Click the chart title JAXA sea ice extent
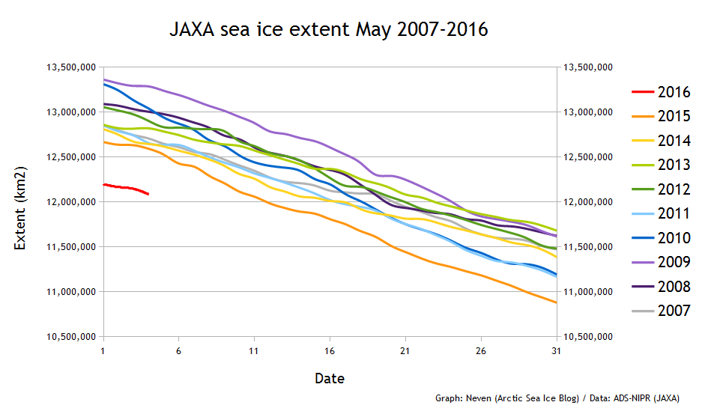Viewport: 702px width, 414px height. coord(329,31)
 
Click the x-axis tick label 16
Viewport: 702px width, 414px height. coord(330,350)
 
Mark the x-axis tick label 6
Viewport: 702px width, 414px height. coord(178,350)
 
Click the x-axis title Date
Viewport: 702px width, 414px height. coord(330,379)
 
